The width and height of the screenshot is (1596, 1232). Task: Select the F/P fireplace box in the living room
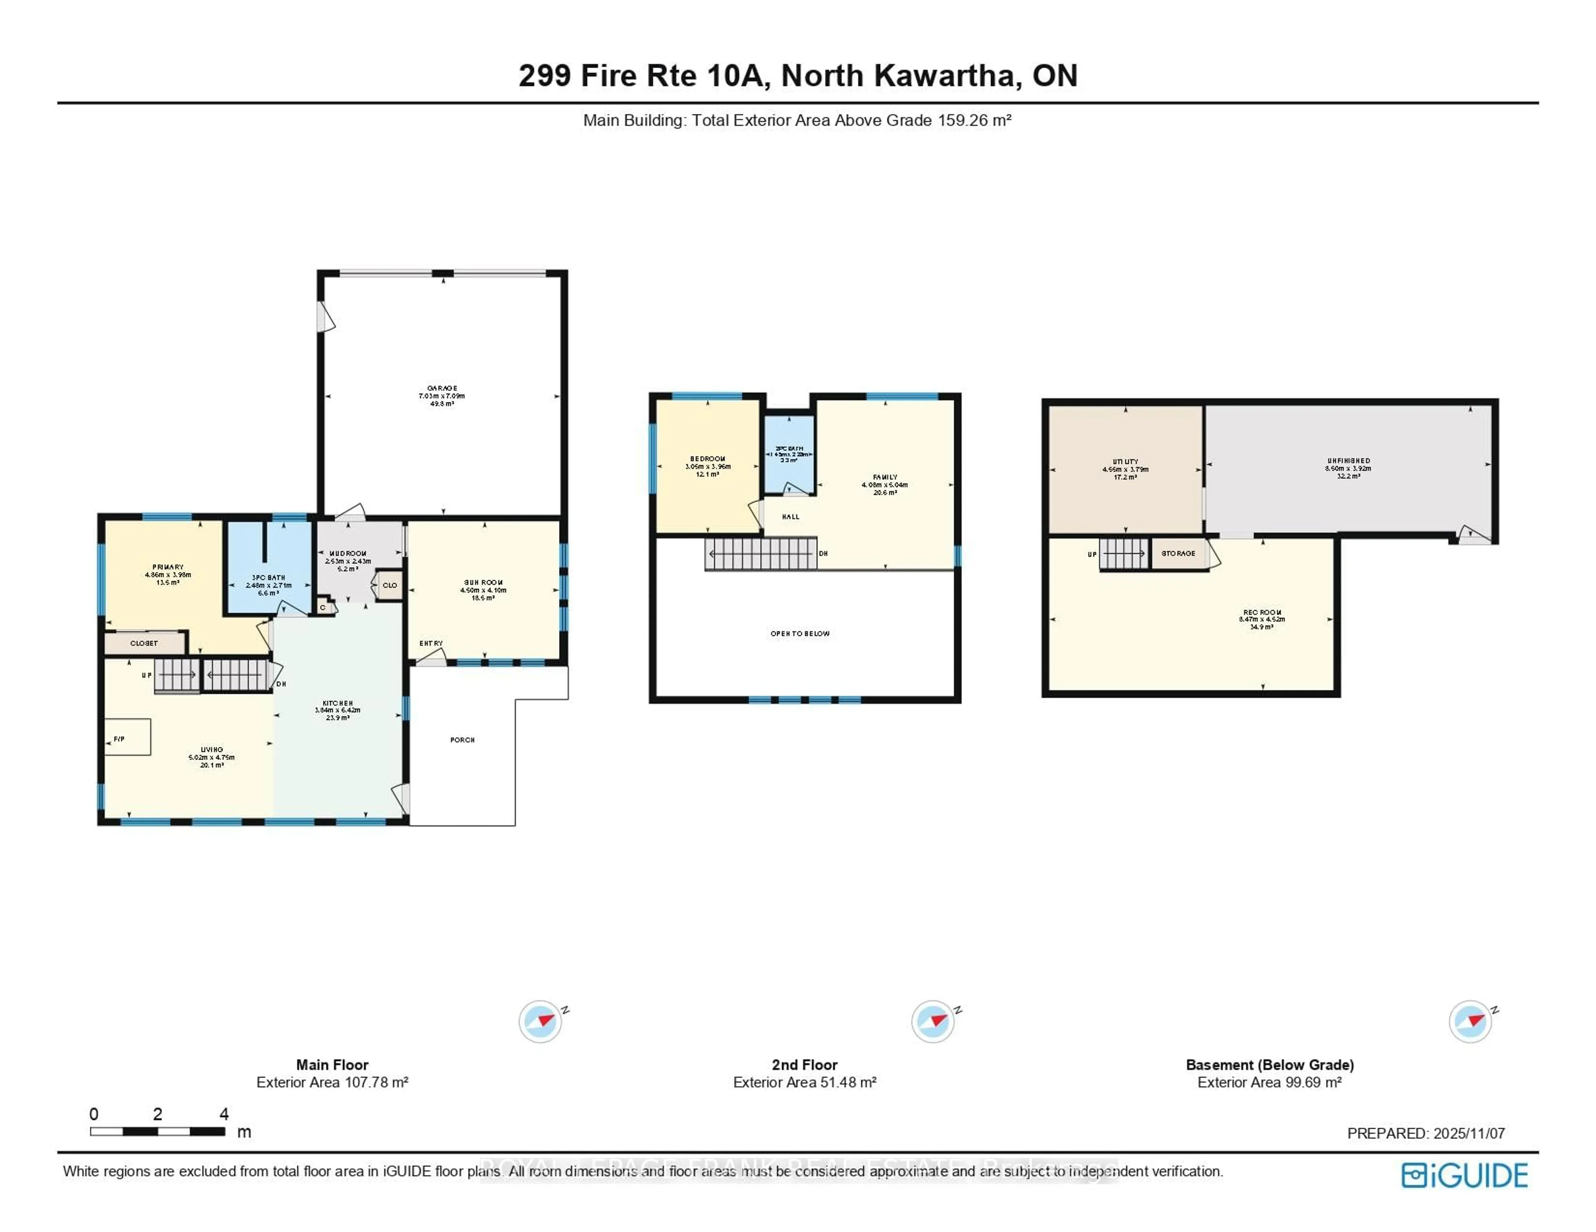point(127,737)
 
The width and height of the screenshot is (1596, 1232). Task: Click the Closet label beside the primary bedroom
point(144,643)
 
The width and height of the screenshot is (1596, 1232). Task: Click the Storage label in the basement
point(1178,554)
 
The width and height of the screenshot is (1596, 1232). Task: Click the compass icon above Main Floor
point(540,1021)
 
